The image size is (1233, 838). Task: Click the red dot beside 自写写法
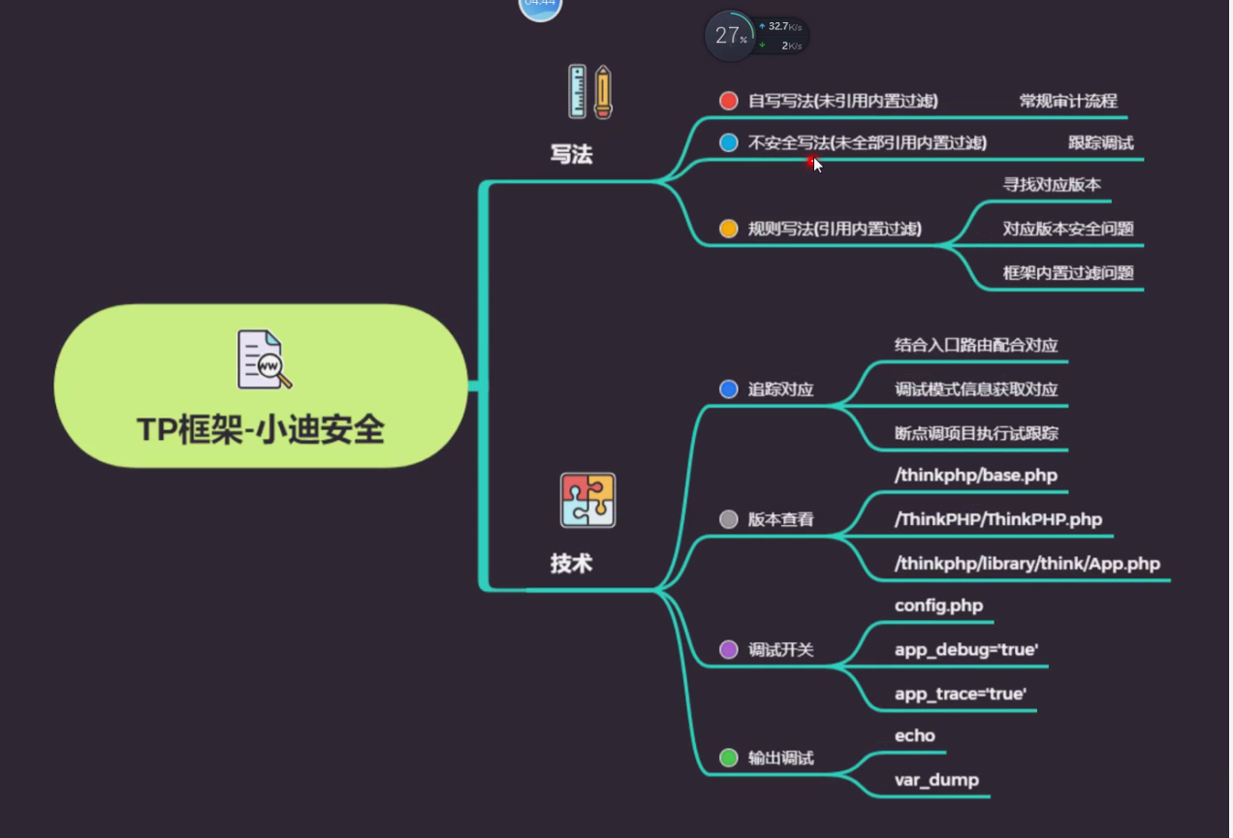(729, 101)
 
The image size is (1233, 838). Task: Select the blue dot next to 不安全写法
(729, 142)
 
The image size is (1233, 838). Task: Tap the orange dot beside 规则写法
(729, 229)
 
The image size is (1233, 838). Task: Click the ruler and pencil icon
(590, 92)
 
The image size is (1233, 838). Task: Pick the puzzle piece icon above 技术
(587, 500)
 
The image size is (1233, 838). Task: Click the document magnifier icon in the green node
(264, 359)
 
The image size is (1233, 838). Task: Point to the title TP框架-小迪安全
(261, 429)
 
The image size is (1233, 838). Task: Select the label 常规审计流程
(1068, 101)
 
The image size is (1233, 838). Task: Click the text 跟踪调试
(1100, 142)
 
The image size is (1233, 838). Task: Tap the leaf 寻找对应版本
(1052, 184)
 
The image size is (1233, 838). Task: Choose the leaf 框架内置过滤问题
(1068, 272)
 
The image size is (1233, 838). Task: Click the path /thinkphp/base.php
(976, 475)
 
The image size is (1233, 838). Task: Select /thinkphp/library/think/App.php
(1027, 563)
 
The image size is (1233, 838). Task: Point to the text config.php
(938, 605)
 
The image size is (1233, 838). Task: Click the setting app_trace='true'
(961, 694)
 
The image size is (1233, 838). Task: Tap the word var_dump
(936, 780)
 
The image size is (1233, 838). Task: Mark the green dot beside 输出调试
(729, 758)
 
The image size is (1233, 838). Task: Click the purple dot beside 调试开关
(729, 649)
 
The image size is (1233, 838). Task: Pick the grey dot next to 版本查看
(729, 519)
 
